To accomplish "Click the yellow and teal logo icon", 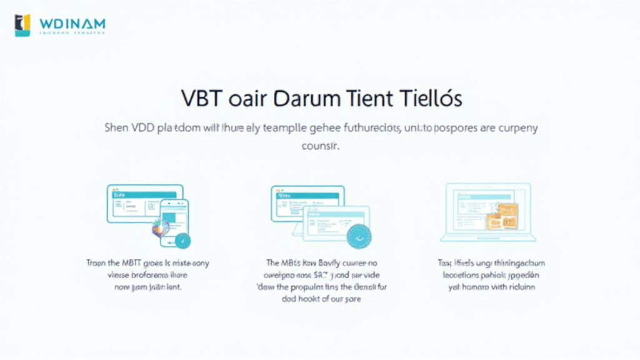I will (22, 25).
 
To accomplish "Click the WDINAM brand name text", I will (72, 24).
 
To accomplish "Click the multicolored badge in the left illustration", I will (161, 229).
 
